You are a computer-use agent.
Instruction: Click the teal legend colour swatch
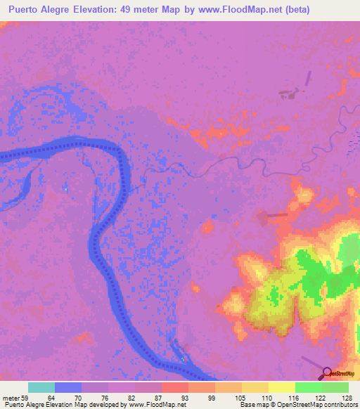point(41,387)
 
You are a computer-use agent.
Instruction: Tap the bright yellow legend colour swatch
point(281,387)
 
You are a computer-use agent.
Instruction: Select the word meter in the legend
point(12,397)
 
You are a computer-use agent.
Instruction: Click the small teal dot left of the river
point(65,188)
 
